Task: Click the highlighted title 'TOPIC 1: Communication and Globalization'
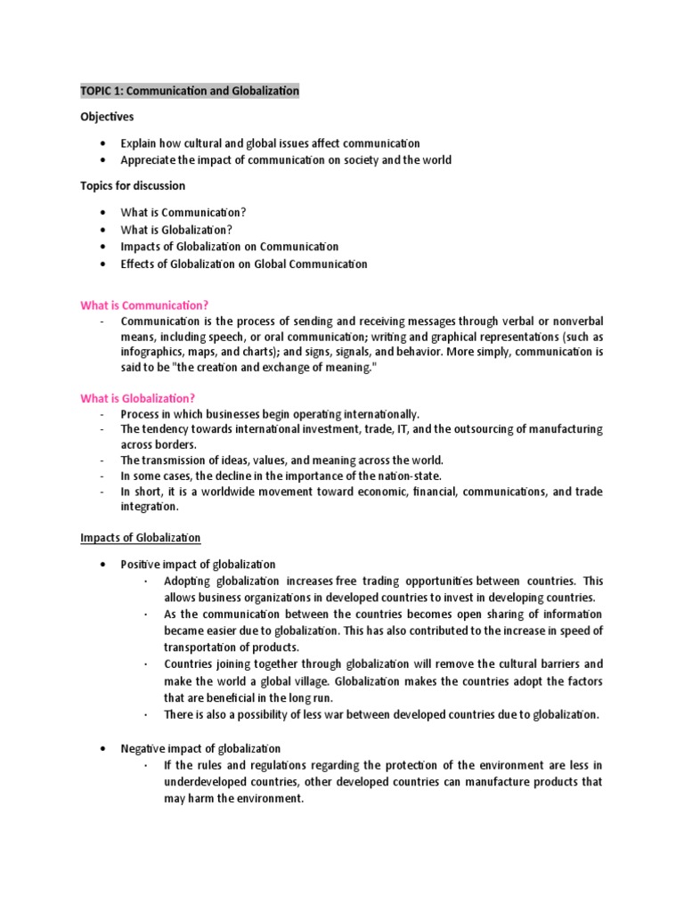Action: tap(190, 91)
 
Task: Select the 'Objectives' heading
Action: tap(109, 117)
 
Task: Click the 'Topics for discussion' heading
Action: tap(133, 186)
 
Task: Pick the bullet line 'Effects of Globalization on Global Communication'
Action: tap(243, 264)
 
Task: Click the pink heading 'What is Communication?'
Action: tap(144, 305)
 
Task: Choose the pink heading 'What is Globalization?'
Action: tap(137, 398)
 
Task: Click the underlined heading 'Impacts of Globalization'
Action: tap(141, 538)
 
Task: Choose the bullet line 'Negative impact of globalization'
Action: tap(200, 748)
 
